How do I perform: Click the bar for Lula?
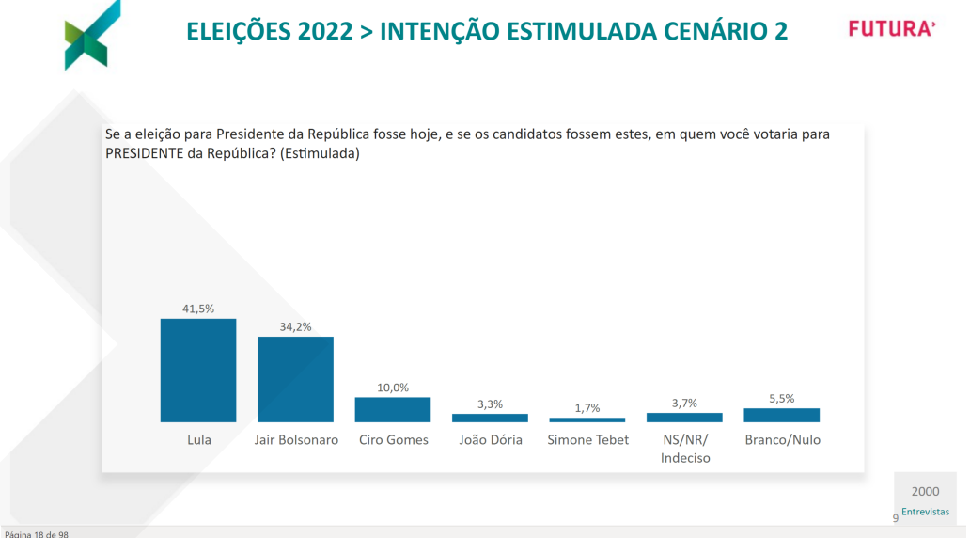click(198, 371)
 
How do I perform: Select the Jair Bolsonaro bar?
click(295, 379)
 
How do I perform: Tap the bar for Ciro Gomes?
click(392, 409)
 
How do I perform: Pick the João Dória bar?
click(490, 418)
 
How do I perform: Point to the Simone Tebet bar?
click(587, 419)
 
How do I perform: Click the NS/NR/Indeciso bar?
click(684, 417)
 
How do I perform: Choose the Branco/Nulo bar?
click(781, 415)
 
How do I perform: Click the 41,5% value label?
click(198, 309)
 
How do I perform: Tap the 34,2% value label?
click(295, 326)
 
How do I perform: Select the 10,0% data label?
click(393, 387)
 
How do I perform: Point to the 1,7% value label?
click(587, 408)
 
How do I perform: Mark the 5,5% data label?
click(781, 398)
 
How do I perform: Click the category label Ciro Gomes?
click(393, 439)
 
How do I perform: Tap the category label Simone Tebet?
click(587, 439)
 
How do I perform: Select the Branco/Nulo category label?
click(782, 439)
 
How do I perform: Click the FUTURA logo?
click(892, 29)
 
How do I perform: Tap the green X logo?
click(91, 35)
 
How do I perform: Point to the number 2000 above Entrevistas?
click(925, 491)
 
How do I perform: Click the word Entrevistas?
click(925, 512)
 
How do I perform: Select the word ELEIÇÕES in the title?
click(238, 32)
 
